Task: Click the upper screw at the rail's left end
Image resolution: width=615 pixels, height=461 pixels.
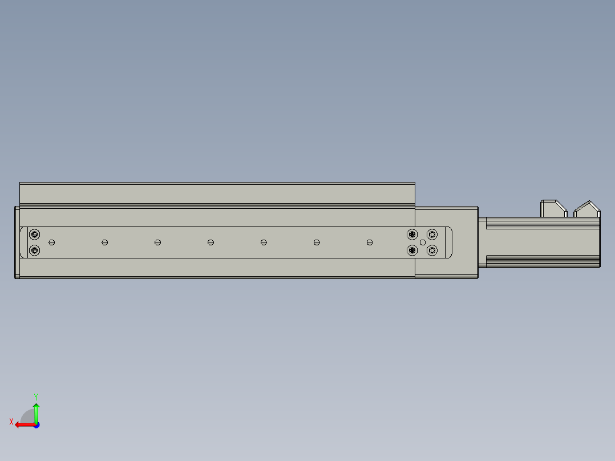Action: click(34, 234)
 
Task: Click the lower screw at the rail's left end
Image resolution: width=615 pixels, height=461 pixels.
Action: click(34, 250)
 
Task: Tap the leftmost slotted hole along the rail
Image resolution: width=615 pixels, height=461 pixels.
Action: click(52, 242)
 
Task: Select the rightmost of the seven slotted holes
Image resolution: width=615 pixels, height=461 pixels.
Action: click(370, 242)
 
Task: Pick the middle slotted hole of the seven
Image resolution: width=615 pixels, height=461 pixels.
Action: click(211, 242)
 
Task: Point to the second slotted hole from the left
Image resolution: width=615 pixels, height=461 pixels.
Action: click(105, 242)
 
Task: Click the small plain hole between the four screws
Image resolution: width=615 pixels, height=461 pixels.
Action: click(422, 242)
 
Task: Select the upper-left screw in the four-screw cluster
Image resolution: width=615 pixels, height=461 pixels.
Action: click(412, 234)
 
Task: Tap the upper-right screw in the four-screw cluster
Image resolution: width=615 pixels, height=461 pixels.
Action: click(432, 234)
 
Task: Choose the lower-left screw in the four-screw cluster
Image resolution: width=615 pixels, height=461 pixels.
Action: click(412, 250)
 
